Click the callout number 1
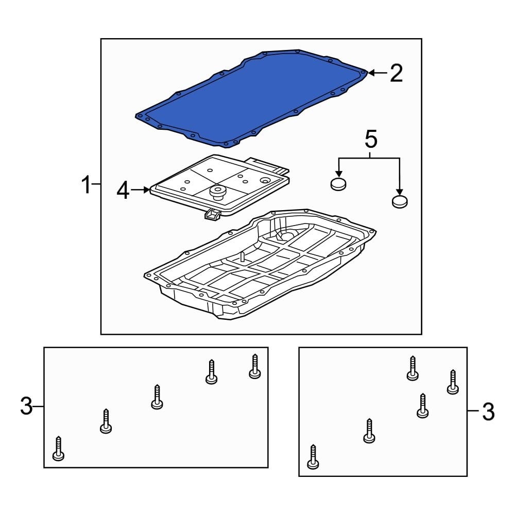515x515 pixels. point(88,185)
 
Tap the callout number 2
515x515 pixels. point(396,74)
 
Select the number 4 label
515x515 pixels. point(123,191)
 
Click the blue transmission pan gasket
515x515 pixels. point(252,98)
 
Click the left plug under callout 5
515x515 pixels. point(338,184)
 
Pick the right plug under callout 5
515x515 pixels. point(400,201)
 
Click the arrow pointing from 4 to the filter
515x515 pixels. point(140,190)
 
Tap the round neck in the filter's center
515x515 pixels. point(218,193)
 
